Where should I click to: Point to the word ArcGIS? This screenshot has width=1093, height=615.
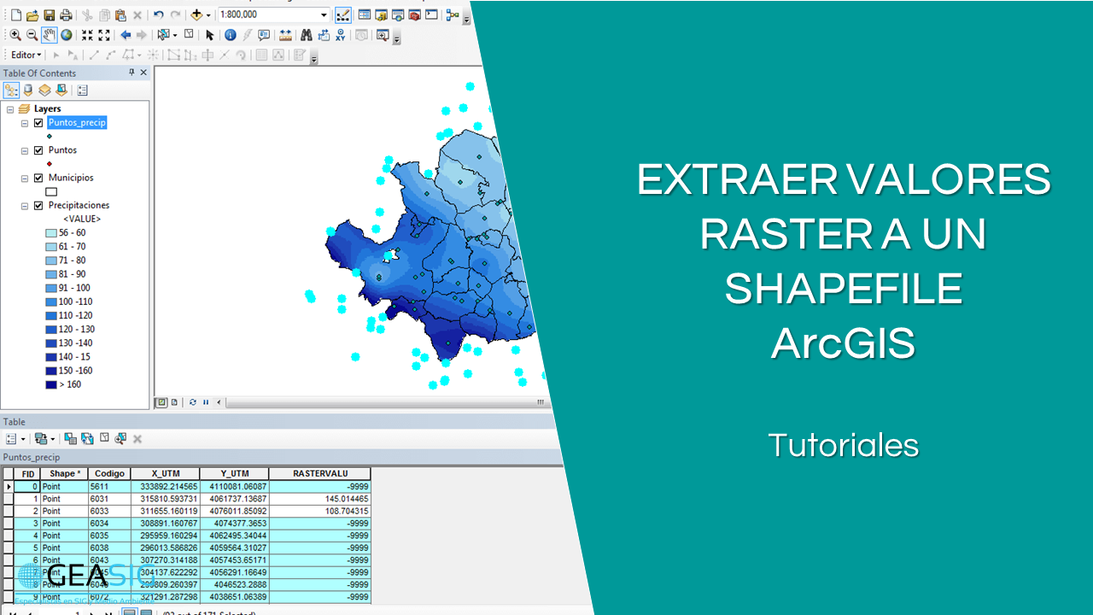(x=843, y=343)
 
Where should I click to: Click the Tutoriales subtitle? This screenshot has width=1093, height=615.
(x=843, y=445)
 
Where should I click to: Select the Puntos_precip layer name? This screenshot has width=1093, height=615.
(x=77, y=123)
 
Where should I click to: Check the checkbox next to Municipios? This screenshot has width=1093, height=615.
(x=38, y=178)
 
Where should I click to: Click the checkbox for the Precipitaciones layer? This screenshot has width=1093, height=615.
(x=38, y=206)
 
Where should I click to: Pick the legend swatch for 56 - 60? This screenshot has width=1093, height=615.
(x=51, y=233)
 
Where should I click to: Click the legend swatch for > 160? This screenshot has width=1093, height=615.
(x=51, y=385)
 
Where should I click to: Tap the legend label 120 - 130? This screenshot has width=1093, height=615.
(x=76, y=330)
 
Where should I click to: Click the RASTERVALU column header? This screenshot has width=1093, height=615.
(x=319, y=473)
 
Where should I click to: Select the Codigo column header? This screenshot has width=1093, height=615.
(x=109, y=473)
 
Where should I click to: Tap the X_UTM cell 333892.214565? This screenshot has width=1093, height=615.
(x=168, y=487)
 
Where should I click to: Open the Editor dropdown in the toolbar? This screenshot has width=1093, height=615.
(x=26, y=56)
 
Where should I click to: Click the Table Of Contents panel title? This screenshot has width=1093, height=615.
(x=39, y=73)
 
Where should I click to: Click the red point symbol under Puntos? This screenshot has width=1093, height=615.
(x=50, y=164)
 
